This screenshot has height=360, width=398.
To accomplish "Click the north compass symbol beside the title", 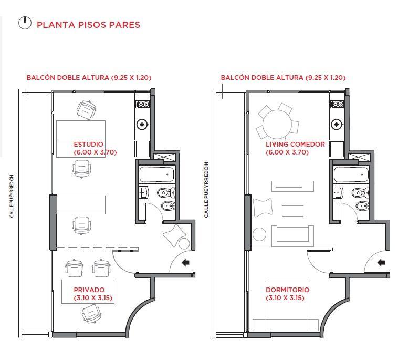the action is (25, 23).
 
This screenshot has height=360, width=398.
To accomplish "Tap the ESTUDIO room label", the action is (89, 145).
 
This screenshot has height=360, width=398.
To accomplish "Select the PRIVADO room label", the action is (89, 290).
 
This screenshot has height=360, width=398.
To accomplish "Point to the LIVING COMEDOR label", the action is (295, 145).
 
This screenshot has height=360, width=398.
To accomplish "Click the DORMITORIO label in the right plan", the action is (288, 290).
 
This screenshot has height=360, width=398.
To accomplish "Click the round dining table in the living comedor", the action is (277, 124).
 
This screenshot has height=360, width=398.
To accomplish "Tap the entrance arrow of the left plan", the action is (185, 262).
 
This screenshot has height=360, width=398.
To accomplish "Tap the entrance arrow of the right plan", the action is (381, 262).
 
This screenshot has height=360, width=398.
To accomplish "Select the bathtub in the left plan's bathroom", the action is (158, 174).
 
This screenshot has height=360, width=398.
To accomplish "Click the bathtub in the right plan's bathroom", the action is (352, 174).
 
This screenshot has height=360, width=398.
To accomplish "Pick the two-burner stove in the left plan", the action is (142, 104).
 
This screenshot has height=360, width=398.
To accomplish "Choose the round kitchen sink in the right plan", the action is (337, 124).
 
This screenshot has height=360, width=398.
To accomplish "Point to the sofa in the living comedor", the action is (292, 236).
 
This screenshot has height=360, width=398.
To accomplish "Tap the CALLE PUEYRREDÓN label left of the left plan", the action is (12, 196).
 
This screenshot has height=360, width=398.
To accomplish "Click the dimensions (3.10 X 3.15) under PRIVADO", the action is (93, 298).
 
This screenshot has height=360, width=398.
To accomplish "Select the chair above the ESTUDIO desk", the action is (87, 110).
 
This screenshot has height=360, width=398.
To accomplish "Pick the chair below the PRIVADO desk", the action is (91, 314).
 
